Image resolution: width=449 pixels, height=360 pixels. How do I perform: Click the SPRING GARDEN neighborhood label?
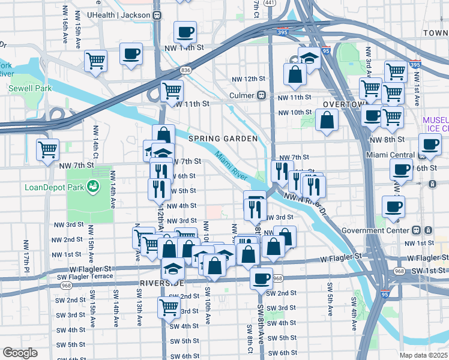point(223,139)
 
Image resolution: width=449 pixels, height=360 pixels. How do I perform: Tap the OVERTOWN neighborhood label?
point(343,104)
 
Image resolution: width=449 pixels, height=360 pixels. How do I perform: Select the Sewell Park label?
point(30,88)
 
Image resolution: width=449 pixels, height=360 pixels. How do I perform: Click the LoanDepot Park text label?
point(52,187)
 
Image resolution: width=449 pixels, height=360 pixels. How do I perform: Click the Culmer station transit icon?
point(261,95)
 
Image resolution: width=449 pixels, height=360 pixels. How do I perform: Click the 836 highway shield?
point(186,70)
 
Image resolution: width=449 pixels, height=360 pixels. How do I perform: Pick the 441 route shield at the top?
point(270,3)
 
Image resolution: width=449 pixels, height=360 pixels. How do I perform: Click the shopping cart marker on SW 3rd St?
point(169,307)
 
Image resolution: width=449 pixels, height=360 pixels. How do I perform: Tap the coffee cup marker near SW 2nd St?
point(261,278)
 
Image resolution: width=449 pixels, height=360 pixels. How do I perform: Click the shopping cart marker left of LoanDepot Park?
point(47,149)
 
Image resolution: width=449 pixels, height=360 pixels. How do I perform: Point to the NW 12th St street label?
point(249,79)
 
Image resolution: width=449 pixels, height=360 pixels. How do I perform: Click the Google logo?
point(20,352)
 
